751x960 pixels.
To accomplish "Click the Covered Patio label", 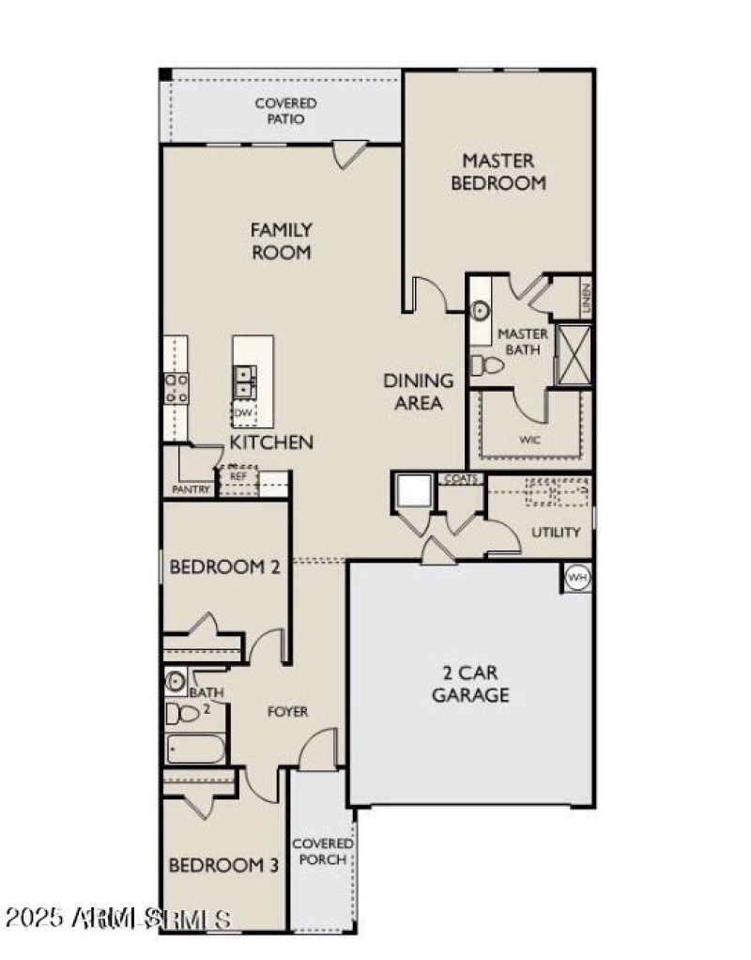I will (285, 111).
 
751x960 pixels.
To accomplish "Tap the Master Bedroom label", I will (498, 172).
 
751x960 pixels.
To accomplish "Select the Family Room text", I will (281, 240).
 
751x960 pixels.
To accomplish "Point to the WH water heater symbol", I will (577, 578).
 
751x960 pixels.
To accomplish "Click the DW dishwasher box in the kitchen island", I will (243, 412).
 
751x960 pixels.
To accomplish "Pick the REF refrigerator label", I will (238, 476).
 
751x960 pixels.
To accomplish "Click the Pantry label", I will (191, 489).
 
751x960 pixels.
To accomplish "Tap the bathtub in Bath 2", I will (195, 749).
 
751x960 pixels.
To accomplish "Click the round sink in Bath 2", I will (176, 681).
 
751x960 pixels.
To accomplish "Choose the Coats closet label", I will (463, 479).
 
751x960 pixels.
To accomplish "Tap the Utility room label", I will (556, 532).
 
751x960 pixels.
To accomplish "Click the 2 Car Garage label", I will (470, 685).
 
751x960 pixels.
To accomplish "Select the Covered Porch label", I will (322, 851).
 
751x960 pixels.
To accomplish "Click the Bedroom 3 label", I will (222, 865).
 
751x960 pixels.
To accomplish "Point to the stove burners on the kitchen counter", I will (176, 388).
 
